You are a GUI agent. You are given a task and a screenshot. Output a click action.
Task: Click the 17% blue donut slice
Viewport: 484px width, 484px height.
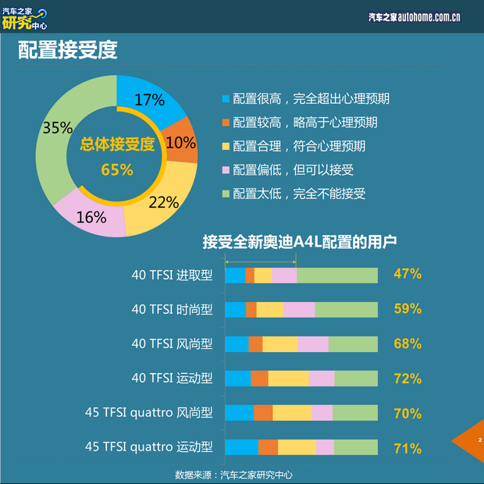tap(153, 102)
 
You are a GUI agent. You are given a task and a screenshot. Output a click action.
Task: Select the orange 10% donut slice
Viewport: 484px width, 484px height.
tap(183, 141)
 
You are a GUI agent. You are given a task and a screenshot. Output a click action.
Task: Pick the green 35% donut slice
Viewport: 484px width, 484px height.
tap(59, 130)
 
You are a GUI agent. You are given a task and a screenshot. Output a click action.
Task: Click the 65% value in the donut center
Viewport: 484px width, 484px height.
tap(117, 169)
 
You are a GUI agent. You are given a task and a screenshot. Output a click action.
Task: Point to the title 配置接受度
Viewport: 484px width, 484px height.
tap(68, 51)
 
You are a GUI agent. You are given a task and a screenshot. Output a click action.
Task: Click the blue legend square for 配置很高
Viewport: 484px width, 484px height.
tap(226, 99)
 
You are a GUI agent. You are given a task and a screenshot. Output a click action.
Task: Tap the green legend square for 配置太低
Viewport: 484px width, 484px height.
tap(226, 194)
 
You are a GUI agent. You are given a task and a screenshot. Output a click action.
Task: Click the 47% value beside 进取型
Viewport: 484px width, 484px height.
tap(407, 274)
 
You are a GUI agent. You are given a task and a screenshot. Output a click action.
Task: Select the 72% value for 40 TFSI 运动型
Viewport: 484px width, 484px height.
tap(407, 379)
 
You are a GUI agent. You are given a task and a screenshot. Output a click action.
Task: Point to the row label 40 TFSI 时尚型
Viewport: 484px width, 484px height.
tap(172, 309)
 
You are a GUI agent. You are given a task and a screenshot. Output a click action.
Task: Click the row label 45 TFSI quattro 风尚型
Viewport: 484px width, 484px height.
tap(148, 413)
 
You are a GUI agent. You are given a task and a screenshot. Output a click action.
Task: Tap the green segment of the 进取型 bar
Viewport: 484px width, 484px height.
tap(336, 275)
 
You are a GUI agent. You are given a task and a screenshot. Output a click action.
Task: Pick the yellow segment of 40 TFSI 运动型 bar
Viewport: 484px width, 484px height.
tap(288, 379)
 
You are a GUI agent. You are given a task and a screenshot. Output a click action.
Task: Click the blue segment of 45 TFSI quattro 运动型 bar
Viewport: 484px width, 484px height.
tap(241, 447)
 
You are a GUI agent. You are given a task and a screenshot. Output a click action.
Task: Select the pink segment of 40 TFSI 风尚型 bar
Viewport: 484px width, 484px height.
tap(313, 344)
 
